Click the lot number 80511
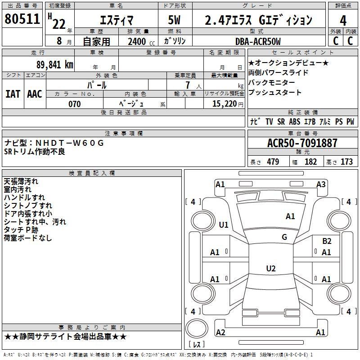click(22, 19)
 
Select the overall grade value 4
click(343, 21)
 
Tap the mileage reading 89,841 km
click(55, 65)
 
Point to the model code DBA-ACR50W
click(258, 41)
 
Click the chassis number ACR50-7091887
click(302, 143)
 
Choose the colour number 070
click(75, 104)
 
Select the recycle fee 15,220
click(225, 104)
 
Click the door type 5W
click(174, 20)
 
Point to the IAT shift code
click(13, 94)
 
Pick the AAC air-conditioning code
click(35, 94)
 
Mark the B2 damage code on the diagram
click(327, 241)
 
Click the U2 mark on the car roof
click(271, 268)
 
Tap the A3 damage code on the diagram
click(321, 184)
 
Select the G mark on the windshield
click(284, 237)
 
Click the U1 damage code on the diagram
click(224, 225)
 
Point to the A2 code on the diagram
click(220, 332)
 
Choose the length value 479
click(273, 162)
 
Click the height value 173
click(346, 162)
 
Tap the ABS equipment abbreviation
click(295, 121)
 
